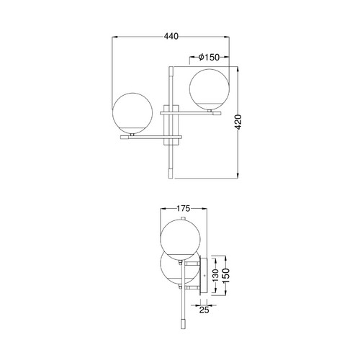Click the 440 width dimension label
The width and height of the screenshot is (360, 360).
(x=171, y=37)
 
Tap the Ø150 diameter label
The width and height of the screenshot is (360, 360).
(x=209, y=57)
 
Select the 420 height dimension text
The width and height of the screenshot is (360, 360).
(x=238, y=122)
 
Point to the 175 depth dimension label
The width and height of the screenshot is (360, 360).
(x=184, y=209)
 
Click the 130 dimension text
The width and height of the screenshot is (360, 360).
(x=215, y=275)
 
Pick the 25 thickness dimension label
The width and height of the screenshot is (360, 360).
(x=204, y=310)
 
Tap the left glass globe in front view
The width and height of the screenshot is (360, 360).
(x=132, y=112)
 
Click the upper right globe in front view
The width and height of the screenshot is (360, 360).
(x=210, y=89)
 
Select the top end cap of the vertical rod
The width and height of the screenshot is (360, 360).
(x=171, y=71)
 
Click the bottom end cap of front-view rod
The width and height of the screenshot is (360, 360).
(x=171, y=174)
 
